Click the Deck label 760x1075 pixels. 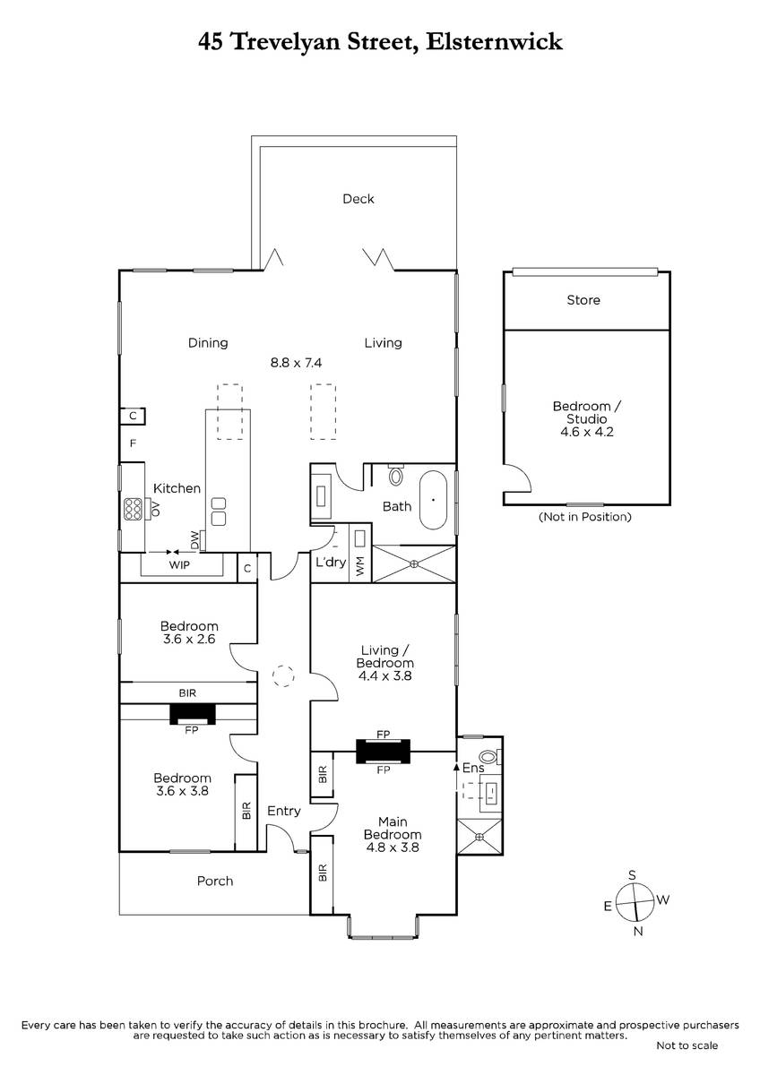tap(358, 199)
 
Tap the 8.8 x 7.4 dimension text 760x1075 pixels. tap(296, 363)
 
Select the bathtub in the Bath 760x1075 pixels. tap(434, 496)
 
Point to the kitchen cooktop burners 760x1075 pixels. tap(134, 509)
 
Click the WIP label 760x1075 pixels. tap(179, 566)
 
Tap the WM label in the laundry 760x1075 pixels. tap(360, 567)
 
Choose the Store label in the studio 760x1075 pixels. tap(583, 300)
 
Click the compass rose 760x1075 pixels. tap(635, 902)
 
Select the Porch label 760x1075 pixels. tap(215, 881)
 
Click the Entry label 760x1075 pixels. tap(284, 811)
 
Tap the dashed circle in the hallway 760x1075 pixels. tap(284, 675)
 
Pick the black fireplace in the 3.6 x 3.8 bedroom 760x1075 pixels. tap(193, 713)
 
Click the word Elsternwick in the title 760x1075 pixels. tap(497, 41)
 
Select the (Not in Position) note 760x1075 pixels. tap(584, 517)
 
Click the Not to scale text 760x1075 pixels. tap(687, 1045)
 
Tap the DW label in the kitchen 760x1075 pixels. tap(194, 540)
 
